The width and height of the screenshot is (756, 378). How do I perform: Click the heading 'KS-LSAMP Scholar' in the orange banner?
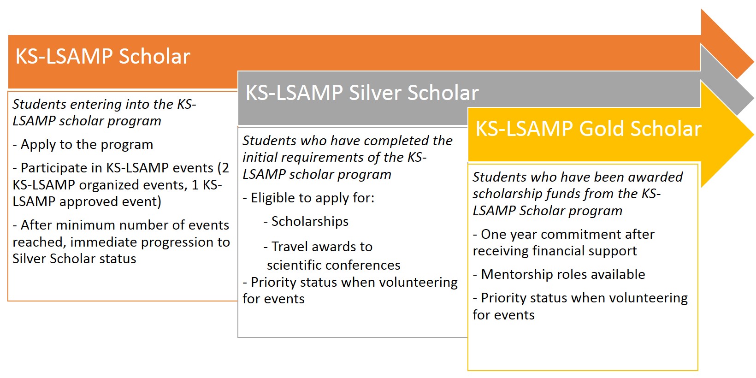(x=103, y=57)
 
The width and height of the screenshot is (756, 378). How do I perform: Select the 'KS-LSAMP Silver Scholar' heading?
(x=362, y=93)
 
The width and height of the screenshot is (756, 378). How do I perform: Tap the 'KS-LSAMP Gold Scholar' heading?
(x=588, y=129)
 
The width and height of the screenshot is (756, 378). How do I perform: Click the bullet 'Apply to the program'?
(x=87, y=145)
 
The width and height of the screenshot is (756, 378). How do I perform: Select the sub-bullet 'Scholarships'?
(x=310, y=222)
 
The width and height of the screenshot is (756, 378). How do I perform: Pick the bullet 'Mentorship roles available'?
(x=562, y=275)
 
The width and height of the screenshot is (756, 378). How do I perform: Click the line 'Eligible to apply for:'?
(x=313, y=198)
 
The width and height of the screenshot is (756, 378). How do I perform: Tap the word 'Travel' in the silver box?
(x=289, y=247)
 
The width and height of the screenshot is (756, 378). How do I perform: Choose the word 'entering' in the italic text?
(x=89, y=105)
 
